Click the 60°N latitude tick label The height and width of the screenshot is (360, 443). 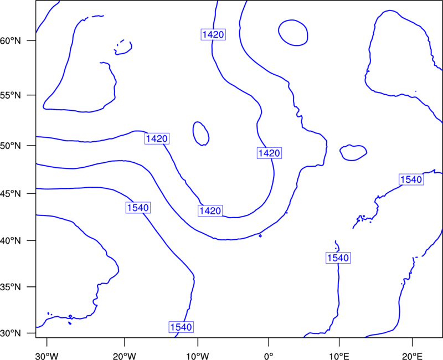(x=11, y=40)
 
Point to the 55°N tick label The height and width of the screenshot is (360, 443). (x=11, y=95)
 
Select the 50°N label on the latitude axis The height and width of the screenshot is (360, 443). (x=11, y=146)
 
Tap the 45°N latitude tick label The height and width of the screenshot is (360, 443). (x=11, y=193)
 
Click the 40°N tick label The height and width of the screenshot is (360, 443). (x=11, y=241)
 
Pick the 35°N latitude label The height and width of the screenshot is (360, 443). (x=11, y=287)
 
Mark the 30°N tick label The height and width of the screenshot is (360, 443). (x=11, y=333)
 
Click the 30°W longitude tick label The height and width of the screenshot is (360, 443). (x=47, y=356)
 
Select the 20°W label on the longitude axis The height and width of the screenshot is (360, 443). (x=125, y=356)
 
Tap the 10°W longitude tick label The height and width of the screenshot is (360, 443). (x=198, y=356)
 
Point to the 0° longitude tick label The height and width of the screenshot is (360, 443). (x=269, y=356)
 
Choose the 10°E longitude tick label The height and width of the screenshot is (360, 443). (x=339, y=356)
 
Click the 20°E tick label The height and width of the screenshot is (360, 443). (x=412, y=356)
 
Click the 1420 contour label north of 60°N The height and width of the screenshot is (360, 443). (x=213, y=34)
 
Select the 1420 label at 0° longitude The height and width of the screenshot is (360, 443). (x=269, y=153)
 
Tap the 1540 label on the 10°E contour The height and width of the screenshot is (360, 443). (x=338, y=258)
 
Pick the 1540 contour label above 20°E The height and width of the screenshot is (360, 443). (x=411, y=179)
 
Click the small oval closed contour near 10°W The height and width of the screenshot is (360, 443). (x=193, y=133)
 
